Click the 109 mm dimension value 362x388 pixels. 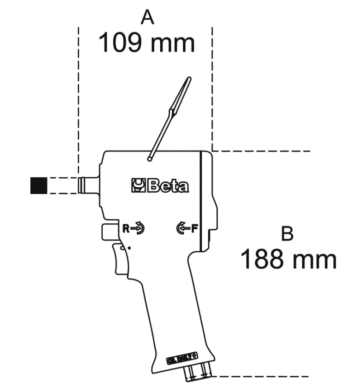(147, 43)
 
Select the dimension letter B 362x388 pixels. (287, 234)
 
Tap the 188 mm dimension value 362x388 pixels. (288, 260)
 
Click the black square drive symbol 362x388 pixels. (38, 186)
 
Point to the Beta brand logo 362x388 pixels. (160, 186)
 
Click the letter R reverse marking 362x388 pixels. (127, 228)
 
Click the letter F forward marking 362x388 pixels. (195, 228)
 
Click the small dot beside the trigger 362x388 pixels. (130, 247)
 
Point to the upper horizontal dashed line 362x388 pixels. (262, 151)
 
